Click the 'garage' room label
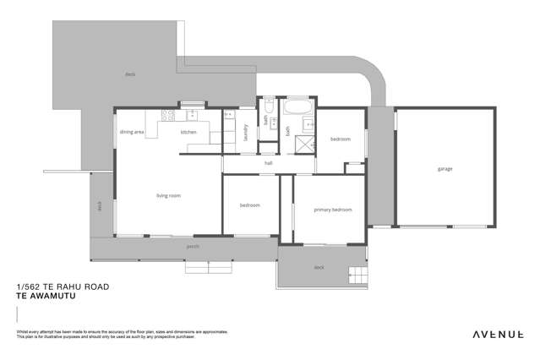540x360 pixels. (445, 169)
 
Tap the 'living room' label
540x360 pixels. (168, 196)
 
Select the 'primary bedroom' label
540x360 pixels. (332, 210)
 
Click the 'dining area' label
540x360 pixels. (131, 132)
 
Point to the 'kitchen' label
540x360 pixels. (188, 132)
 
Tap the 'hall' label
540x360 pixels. (268, 163)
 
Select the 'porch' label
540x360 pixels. (193, 247)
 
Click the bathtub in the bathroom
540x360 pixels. (297, 110)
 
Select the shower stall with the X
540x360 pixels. (303, 145)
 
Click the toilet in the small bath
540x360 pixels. (268, 107)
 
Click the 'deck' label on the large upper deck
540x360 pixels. (129, 74)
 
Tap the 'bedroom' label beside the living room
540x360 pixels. (249, 205)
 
